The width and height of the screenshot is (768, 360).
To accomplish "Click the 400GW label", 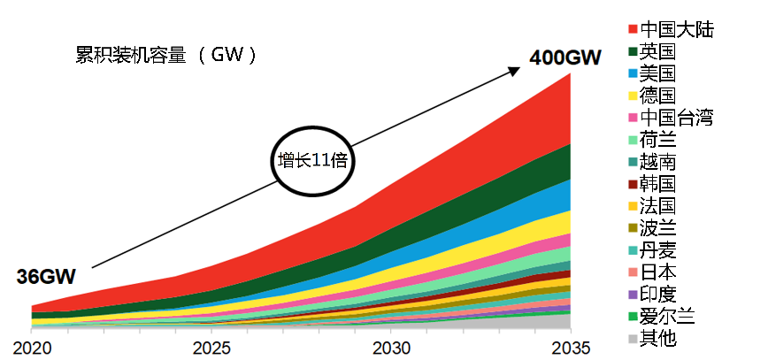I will coord(565,58).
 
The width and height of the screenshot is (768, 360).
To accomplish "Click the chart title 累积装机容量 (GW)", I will coord(165,55).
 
